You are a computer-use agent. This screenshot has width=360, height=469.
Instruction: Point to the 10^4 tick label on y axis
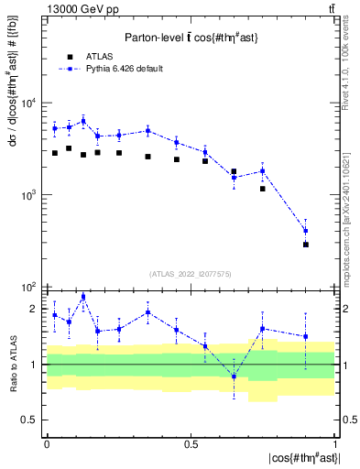point(28,103)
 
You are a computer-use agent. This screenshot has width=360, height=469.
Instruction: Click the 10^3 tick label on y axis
point(28,195)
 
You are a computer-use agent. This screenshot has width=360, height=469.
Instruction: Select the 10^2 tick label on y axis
point(28,288)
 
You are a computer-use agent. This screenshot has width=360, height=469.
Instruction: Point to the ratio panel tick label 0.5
point(31,420)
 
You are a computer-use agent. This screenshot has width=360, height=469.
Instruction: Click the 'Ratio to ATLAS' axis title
point(13,365)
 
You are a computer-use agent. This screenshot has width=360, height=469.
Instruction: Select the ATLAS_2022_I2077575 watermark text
point(191,274)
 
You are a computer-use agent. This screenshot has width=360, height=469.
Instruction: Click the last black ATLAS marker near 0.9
point(306,245)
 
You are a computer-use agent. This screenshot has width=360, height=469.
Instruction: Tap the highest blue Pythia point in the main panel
point(83,121)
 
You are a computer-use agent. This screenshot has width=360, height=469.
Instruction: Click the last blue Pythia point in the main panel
point(306,231)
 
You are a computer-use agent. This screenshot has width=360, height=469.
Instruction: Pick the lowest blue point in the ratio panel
point(234,376)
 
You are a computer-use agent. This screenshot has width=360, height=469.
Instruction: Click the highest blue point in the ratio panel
point(83,296)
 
